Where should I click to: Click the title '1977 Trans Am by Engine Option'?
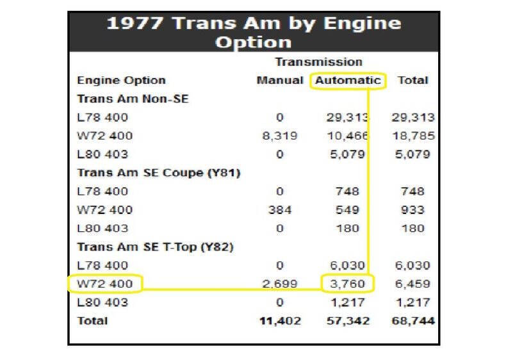pos(253,33)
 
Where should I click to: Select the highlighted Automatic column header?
pos(348,81)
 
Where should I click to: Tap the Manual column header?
pos(279,81)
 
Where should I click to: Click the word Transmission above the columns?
pos(318,62)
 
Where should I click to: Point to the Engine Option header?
pos(121,81)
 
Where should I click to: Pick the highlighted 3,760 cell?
pos(347,284)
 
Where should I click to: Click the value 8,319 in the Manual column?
pos(279,136)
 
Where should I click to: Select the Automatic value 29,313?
pos(345,118)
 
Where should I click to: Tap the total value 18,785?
pos(412,136)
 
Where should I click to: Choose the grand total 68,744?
pos(412,321)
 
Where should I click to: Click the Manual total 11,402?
pos(279,321)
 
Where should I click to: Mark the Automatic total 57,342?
pos(347,321)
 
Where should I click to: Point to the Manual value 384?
pos(279,209)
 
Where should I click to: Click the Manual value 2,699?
pos(279,284)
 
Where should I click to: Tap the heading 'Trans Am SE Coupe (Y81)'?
pos(158,173)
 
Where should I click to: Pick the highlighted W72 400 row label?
pos(104,284)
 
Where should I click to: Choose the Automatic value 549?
pos(347,209)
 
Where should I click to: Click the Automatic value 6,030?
pos(347,265)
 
